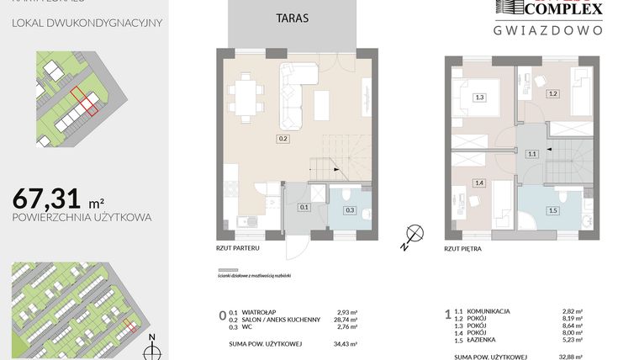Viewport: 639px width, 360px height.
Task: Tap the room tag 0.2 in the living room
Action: (283, 137)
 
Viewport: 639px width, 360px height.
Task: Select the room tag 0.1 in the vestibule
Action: (304, 206)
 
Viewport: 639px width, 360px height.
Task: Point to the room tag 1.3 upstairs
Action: (479, 98)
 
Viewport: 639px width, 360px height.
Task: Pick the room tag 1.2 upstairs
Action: (552, 93)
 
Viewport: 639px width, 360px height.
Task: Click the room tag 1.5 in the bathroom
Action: (552, 210)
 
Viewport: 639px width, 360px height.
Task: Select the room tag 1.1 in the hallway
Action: (531, 154)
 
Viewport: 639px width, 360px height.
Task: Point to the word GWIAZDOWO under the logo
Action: (547, 29)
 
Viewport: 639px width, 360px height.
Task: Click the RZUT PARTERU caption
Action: (236, 249)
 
